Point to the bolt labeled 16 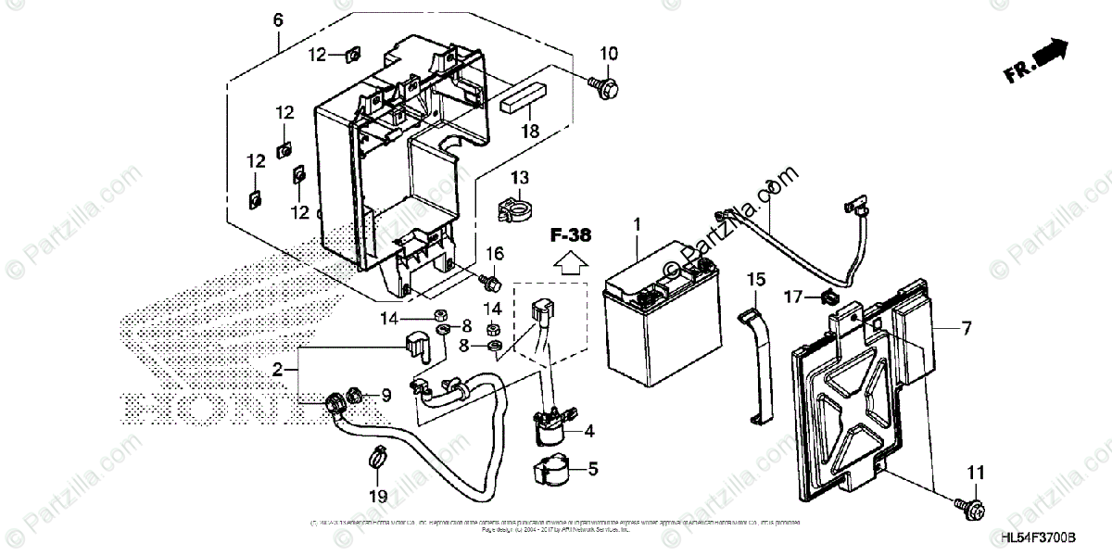point(492,277)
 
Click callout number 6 point(278,18)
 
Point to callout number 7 point(967,327)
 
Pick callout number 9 point(386,395)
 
